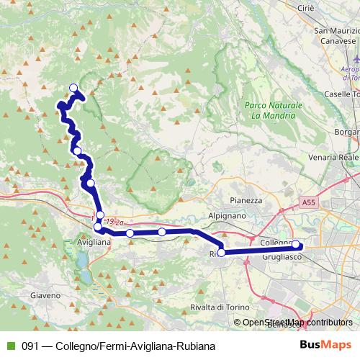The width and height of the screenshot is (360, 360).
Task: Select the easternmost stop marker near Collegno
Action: [295, 244]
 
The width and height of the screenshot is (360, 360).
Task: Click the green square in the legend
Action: [9, 345]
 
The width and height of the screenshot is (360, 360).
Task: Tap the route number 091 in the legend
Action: [30, 345]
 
